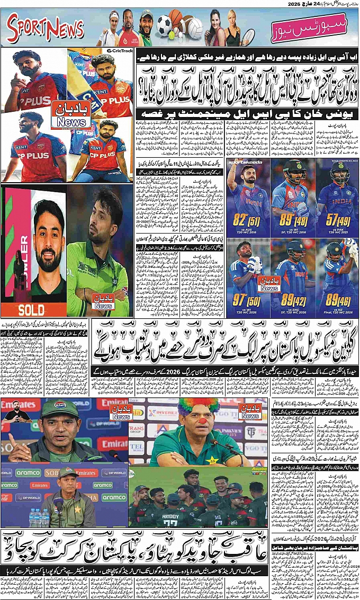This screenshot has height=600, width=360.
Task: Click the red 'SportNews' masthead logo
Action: coord(46,29)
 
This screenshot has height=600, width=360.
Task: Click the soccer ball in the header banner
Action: coord(164,23)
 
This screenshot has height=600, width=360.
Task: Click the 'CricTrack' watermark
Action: coord(119,51)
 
